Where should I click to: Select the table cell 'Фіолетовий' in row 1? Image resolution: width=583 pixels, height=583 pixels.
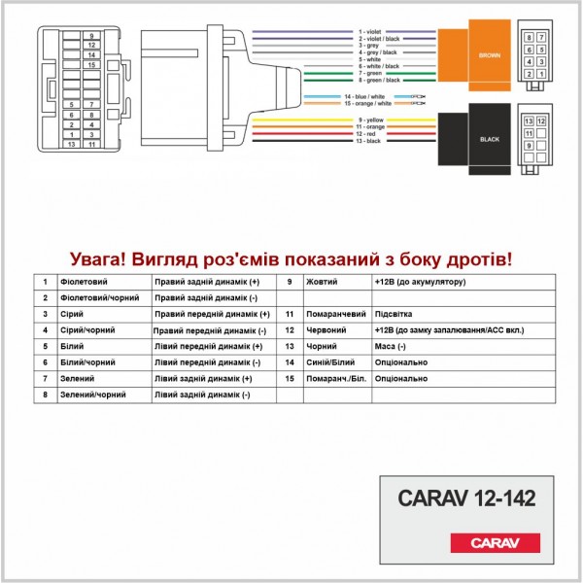(x=78, y=282)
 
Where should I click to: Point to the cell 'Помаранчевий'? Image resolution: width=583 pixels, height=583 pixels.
(x=335, y=315)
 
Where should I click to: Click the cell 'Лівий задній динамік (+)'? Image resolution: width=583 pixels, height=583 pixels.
(x=203, y=378)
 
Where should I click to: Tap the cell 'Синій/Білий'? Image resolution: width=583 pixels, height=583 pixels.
(x=330, y=361)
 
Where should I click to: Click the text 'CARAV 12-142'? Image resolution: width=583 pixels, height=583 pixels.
(x=466, y=497)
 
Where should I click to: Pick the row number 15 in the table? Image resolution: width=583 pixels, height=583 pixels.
(x=290, y=378)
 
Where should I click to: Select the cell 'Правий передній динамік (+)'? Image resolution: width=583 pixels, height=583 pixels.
(x=212, y=315)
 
